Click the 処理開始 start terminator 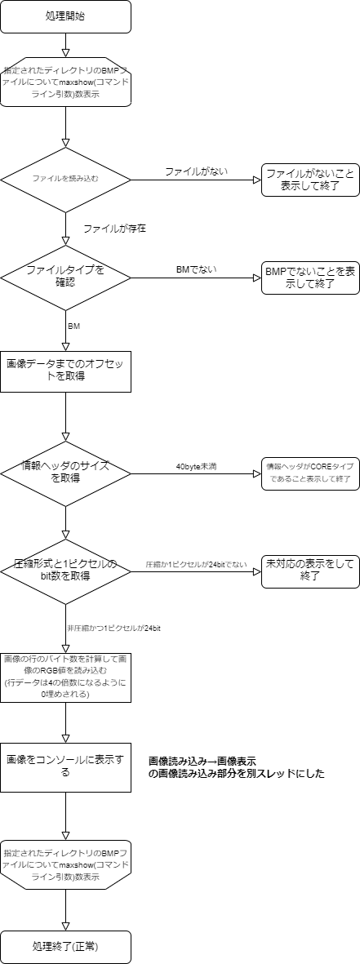pos(65,16)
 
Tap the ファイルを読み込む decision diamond pos(65,180)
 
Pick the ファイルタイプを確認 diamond pos(65,277)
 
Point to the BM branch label pos(73,327)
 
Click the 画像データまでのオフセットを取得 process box pos(65,371)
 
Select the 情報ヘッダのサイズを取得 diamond pos(65,472)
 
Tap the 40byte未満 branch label pos(196,467)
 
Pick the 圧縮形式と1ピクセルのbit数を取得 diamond pos(65,571)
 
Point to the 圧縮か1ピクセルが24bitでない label pos(196,565)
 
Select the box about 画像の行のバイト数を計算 pos(65,677)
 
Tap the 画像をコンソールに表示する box pos(65,766)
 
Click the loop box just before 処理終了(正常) pos(65,864)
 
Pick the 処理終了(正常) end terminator pos(65,947)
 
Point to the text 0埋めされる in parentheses pos(65,694)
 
